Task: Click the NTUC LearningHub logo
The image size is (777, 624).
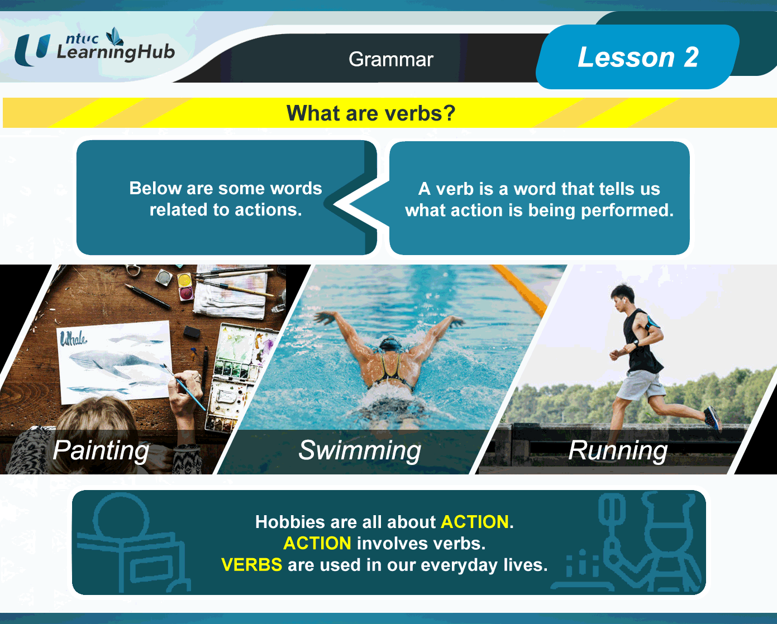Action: click(x=94, y=47)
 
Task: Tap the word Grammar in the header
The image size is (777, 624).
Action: click(x=390, y=59)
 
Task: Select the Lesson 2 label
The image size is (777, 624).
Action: click(x=638, y=57)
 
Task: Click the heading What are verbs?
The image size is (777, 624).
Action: click(x=371, y=113)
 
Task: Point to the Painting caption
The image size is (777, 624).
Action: click(x=101, y=450)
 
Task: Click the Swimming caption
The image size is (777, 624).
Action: click(x=360, y=450)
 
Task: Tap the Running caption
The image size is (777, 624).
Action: click(x=618, y=450)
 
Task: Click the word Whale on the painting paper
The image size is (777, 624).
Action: click(x=73, y=339)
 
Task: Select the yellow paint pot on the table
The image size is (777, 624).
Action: click(x=184, y=280)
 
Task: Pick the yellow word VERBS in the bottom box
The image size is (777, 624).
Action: click(x=252, y=564)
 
